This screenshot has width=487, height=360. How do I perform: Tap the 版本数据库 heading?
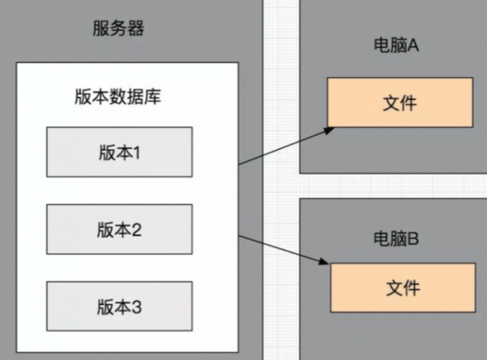(x=118, y=97)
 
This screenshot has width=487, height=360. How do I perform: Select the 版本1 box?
(x=119, y=152)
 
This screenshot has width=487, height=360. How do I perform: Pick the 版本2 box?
(x=119, y=229)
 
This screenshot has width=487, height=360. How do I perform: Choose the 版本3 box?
(x=119, y=306)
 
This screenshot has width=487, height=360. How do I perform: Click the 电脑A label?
(x=396, y=46)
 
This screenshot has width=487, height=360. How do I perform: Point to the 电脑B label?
(x=396, y=239)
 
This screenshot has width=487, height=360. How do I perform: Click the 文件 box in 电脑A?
(x=400, y=103)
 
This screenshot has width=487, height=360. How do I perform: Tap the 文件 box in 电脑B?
(x=403, y=288)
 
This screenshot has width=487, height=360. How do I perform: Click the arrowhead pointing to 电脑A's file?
(x=330, y=130)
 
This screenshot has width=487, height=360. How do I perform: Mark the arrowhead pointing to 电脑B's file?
(x=325, y=262)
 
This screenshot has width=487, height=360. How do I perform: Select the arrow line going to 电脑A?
(x=283, y=147)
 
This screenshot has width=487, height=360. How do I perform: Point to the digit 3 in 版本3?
(x=136, y=307)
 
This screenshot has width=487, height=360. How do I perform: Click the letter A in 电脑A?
(x=413, y=46)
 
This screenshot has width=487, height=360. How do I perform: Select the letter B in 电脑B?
(x=413, y=239)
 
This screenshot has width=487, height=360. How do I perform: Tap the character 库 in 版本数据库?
(x=153, y=97)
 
